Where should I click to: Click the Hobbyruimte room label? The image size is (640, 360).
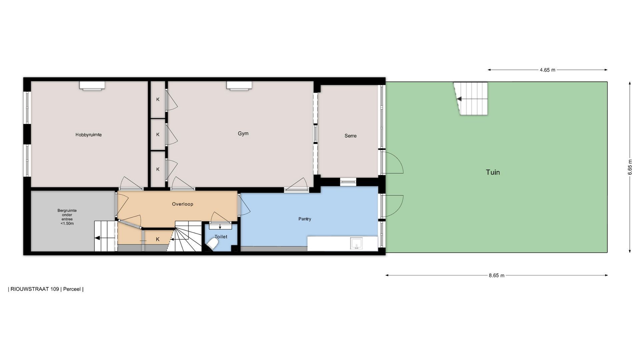click(88, 135)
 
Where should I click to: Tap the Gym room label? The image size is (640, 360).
click(243, 133)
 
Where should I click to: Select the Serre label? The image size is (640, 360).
click(350, 136)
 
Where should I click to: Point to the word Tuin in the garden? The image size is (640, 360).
click(493, 172)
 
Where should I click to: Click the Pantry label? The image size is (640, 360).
click(305, 219)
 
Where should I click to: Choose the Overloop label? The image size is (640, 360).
click(183, 204)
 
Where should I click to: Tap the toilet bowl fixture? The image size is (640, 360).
click(212, 246)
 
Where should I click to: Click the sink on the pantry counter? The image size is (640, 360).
click(356, 244)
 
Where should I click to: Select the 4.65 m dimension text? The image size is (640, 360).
click(548, 70)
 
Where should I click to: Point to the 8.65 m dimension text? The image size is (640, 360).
click(497, 275)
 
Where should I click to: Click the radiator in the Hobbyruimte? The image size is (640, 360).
click(92, 86)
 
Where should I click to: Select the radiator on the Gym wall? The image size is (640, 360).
click(239, 86)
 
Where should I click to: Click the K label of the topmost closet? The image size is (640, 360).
click(158, 99)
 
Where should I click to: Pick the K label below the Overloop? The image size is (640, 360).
click(158, 239)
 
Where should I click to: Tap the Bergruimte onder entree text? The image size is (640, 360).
click(67, 217)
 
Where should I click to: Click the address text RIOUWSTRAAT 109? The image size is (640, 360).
click(35, 289)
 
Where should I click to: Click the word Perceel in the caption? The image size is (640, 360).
click(72, 289)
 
